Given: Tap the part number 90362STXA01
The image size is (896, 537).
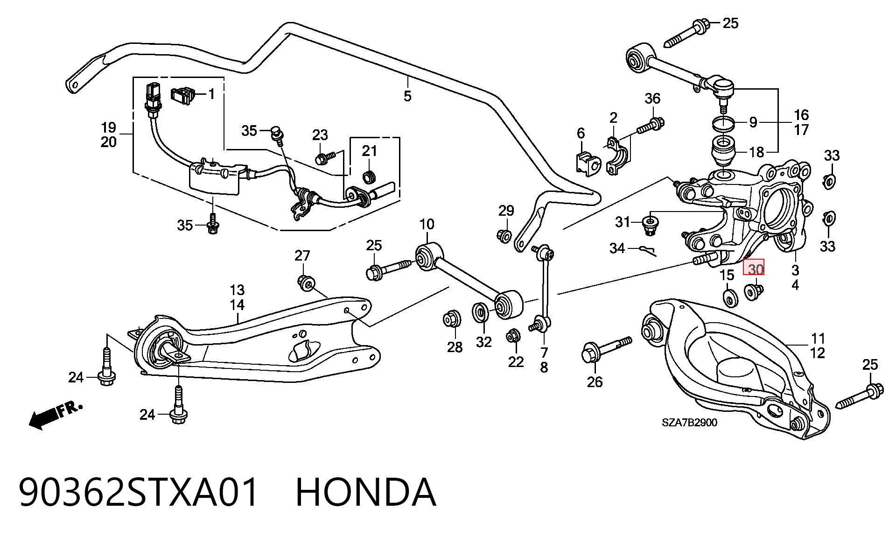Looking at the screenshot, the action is click(x=139, y=492).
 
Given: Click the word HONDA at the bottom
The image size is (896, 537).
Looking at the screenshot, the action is click(x=366, y=492).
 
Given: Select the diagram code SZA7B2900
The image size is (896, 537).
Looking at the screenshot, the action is click(x=689, y=423).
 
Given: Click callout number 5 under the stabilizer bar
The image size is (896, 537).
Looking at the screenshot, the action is click(x=407, y=96).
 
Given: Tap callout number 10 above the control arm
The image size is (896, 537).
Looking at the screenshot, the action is click(x=427, y=224).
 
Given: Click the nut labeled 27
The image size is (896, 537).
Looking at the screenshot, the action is click(x=306, y=283).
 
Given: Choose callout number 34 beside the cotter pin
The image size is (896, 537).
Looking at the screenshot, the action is click(x=617, y=248).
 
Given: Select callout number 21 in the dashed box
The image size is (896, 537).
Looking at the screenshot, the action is click(x=369, y=151).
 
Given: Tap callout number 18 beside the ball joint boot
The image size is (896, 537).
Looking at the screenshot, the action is click(x=756, y=152).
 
